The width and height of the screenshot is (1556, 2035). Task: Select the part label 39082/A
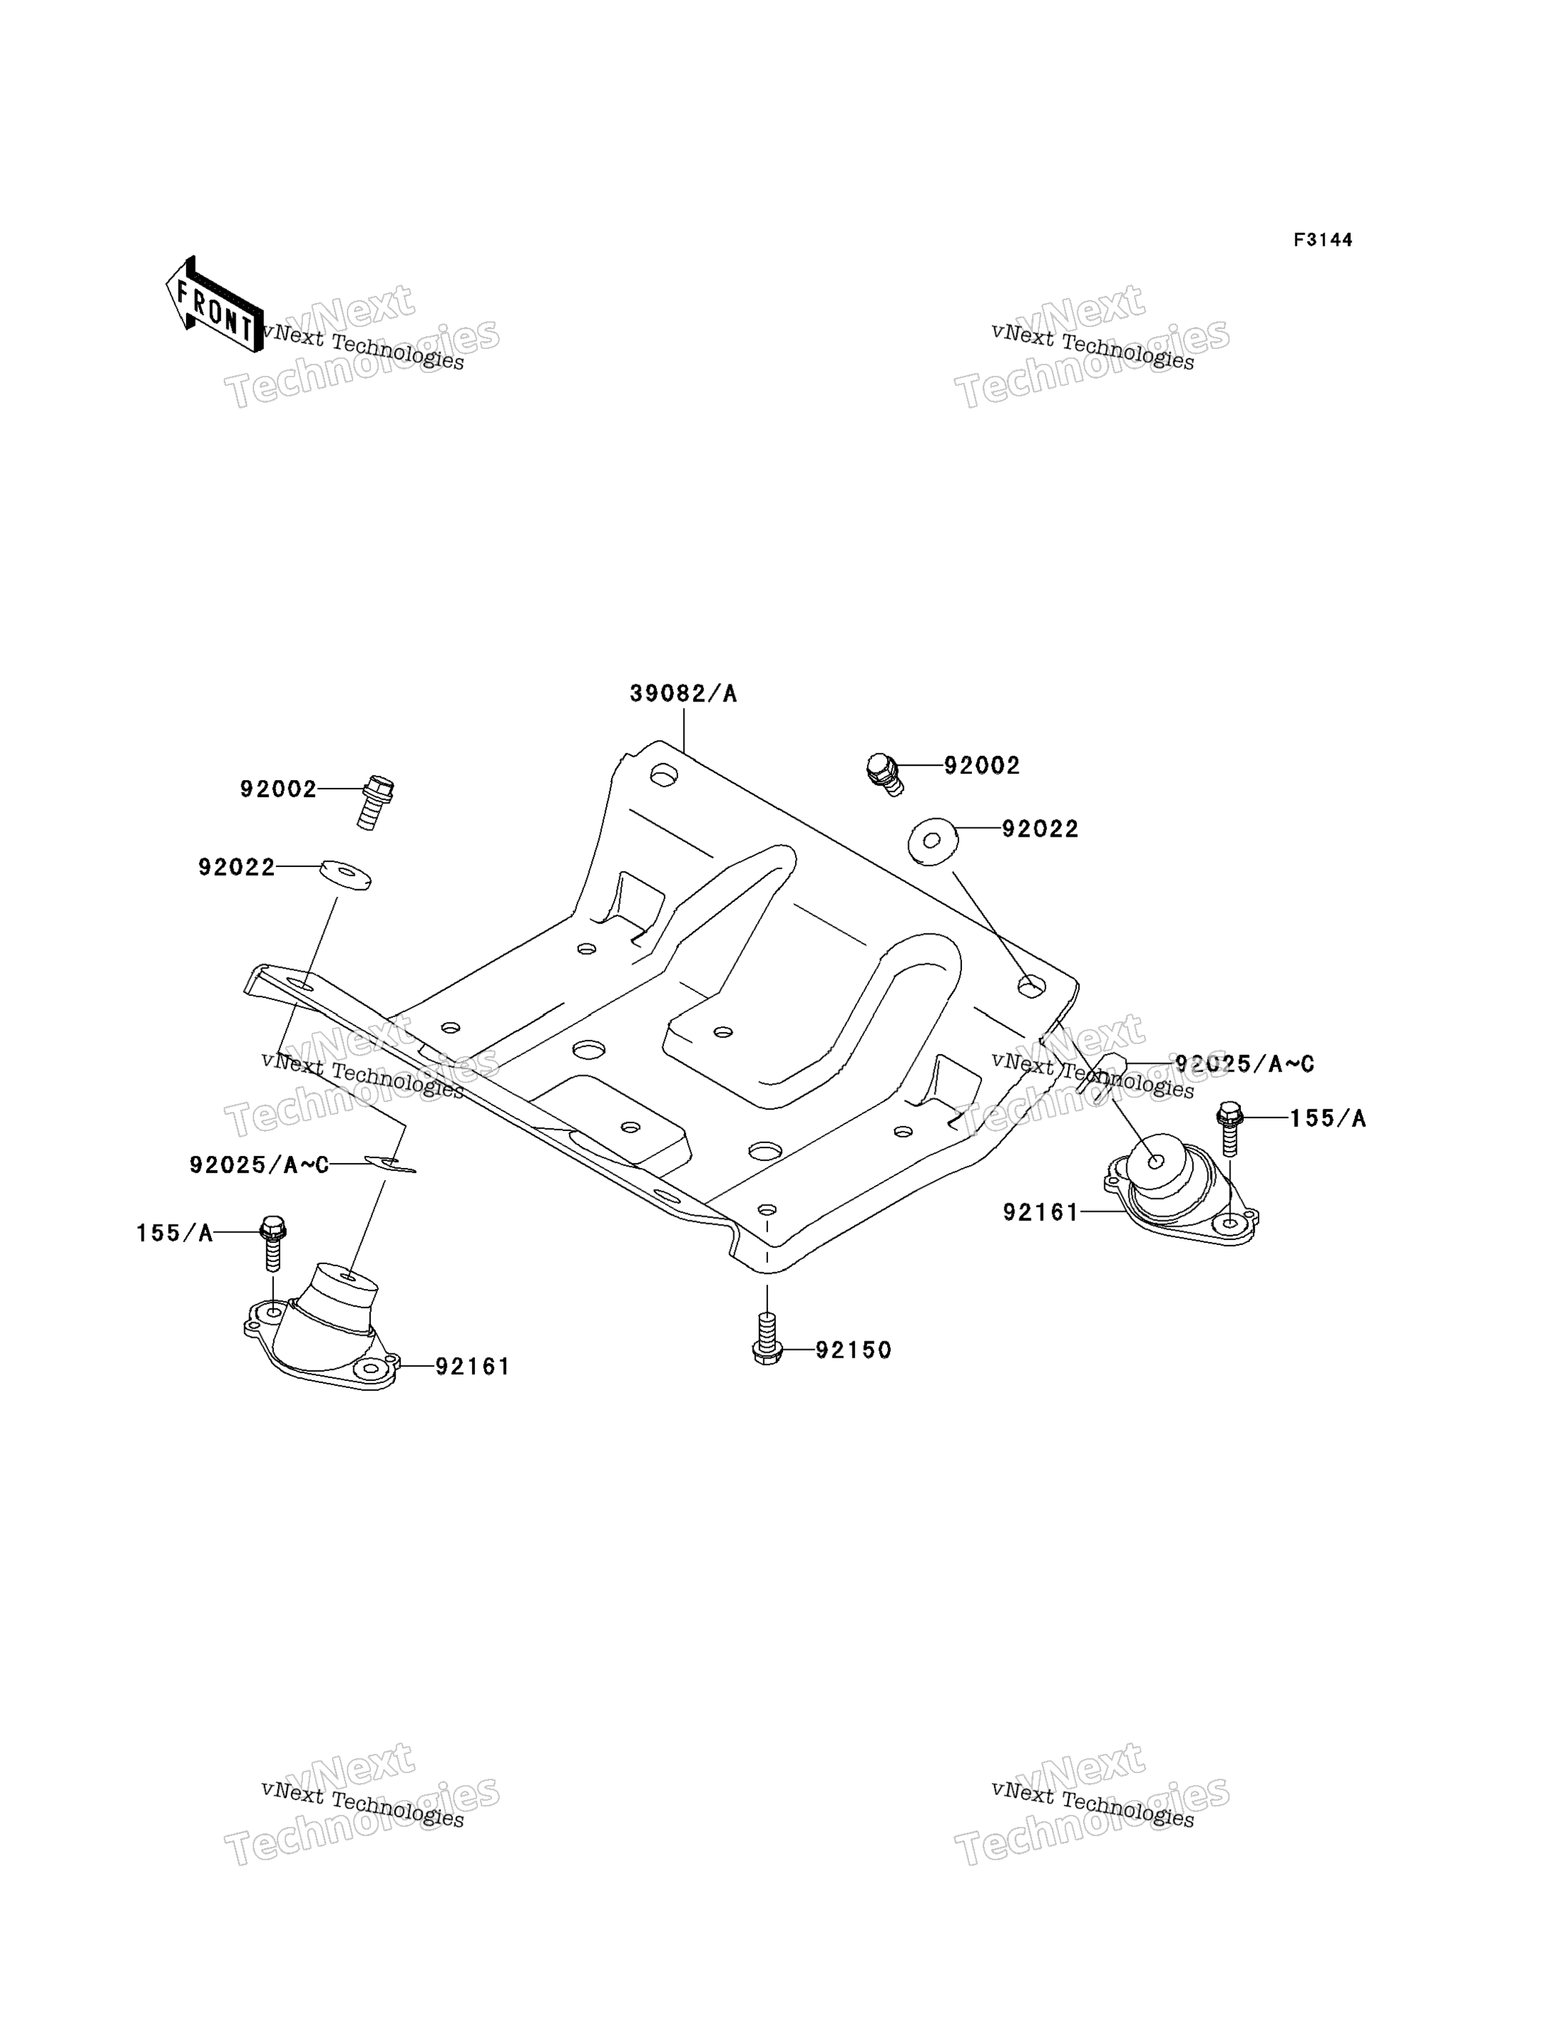[684, 694]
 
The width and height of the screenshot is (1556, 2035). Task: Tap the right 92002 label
[982, 766]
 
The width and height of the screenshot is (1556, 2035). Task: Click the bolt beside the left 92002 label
[374, 802]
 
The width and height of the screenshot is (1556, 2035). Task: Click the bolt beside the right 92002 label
[883, 774]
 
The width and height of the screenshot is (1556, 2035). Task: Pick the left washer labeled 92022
[345, 875]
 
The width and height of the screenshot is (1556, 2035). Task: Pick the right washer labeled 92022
[932, 841]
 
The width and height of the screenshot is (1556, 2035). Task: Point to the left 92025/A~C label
[259, 1164]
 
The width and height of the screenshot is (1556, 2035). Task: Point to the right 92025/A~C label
[1245, 1064]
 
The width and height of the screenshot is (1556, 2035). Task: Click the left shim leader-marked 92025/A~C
[390, 1164]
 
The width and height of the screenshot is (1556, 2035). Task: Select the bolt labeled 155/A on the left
[273, 1242]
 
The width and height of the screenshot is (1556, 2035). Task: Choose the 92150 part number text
[853, 1350]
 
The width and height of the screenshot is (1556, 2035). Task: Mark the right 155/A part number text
[1327, 1118]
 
